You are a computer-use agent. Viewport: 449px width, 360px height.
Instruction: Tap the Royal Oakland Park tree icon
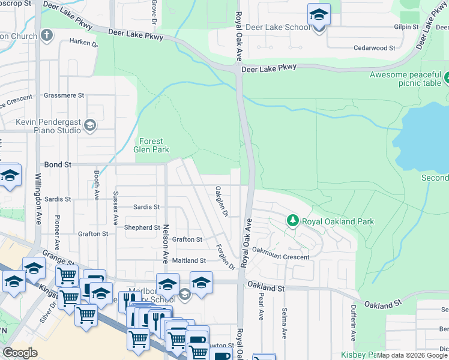pos(292,221)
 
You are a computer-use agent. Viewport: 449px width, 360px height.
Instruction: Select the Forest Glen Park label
pos(154,145)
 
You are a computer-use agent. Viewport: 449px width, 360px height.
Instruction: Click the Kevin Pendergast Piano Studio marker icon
pos(90,125)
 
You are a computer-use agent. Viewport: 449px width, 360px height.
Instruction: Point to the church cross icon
pos(46,35)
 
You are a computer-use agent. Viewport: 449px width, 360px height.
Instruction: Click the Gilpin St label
pos(406,27)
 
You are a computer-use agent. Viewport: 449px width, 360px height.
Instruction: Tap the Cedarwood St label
pos(374,47)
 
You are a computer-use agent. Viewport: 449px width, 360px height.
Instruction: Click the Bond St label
pos(58,164)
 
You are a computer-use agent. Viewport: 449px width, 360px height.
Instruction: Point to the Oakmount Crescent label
pos(280,257)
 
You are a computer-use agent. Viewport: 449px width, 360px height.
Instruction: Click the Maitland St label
pos(188,261)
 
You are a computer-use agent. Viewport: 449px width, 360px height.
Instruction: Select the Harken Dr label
pos(83,42)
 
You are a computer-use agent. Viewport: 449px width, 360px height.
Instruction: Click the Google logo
pos(20,353)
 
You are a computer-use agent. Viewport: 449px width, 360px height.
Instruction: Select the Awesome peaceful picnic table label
pos(405,79)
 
